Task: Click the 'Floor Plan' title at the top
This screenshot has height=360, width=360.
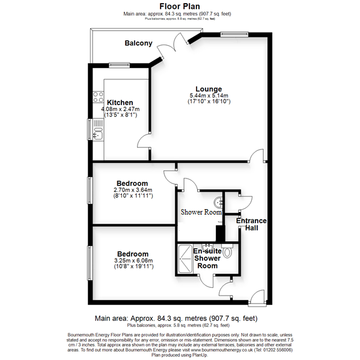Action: point(180,5)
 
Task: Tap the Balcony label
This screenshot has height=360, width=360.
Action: point(138,43)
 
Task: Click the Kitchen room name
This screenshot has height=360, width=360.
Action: point(120,102)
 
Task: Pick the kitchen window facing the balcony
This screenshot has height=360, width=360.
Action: point(120,64)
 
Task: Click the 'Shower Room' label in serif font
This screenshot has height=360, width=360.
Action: point(201,212)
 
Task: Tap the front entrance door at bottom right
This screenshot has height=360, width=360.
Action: point(257,296)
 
